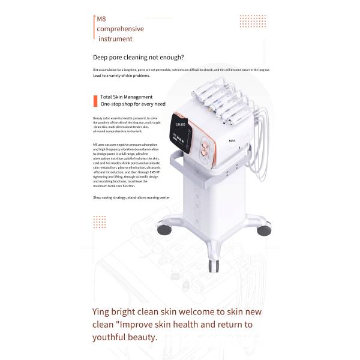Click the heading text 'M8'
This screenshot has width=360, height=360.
(101, 19)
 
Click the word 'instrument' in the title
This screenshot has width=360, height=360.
(115, 39)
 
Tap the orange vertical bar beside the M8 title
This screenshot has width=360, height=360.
(94, 29)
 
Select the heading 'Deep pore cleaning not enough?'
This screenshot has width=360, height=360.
(138, 58)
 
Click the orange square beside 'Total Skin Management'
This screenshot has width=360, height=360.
(95, 100)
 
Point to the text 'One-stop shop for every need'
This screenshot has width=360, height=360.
(133, 104)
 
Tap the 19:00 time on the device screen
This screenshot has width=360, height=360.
(180, 124)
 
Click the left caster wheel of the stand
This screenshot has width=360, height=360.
(163, 228)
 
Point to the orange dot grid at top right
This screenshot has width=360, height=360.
(253, 21)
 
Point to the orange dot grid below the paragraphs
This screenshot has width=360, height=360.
(99, 221)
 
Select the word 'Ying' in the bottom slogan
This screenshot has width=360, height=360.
(103, 312)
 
